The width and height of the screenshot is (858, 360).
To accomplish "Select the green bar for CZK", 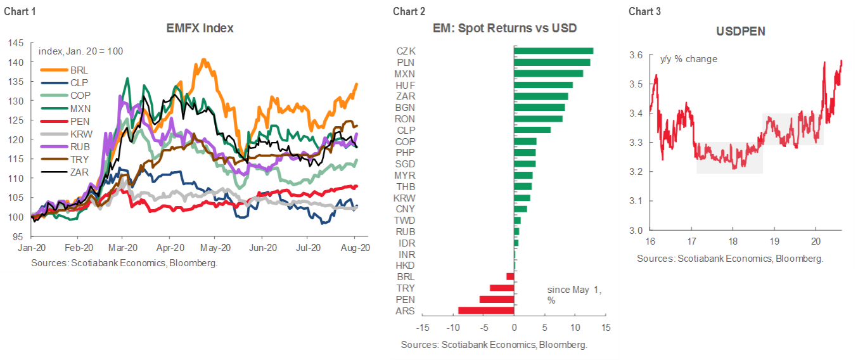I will (x=553, y=51).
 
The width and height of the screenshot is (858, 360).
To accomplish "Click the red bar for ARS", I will (x=485, y=310).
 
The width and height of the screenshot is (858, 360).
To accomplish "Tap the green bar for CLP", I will (x=532, y=130).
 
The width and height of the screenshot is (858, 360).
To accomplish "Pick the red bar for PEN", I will (x=496, y=299).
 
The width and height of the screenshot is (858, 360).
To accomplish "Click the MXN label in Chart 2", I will (x=406, y=74).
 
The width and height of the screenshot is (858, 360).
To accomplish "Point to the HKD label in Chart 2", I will (x=406, y=265).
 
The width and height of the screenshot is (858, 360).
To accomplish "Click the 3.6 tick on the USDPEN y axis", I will (x=636, y=56).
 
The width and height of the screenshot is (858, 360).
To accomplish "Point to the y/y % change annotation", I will (x=689, y=59).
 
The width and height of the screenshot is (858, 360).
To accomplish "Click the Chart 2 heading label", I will (x=406, y=11).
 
